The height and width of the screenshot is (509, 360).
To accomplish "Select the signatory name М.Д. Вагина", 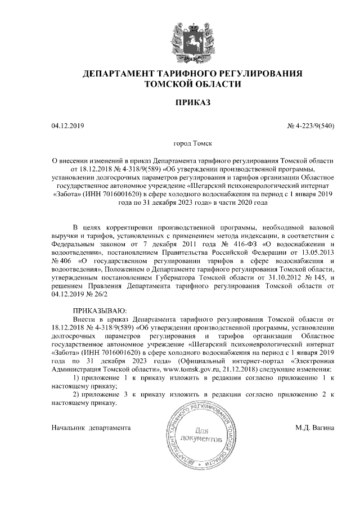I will click(315, 428).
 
